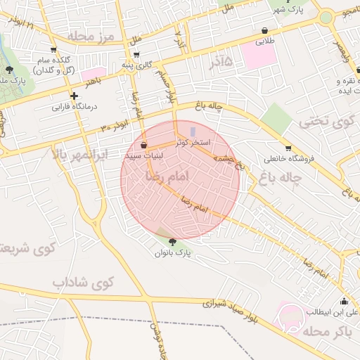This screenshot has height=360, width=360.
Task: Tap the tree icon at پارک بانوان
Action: pyautogui.click(x=173, y=242)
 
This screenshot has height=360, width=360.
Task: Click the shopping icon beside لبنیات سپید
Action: pyautogui.click(x=144, y=146)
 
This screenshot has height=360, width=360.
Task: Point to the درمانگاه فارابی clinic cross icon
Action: pyautogui.click(x=74, y=96)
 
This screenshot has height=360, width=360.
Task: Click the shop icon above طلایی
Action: pyautogui.click(x=264, y=31)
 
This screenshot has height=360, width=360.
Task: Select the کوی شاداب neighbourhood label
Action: pyautogui.click(x=82, y=282)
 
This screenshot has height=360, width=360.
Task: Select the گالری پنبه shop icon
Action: pyautogui.click(x=136, y=54)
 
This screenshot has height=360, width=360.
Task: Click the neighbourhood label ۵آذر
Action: pyautogui.click(x=220, y=65)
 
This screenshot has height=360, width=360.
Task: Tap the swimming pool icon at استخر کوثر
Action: pyautogui.click(x=193, y=131)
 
